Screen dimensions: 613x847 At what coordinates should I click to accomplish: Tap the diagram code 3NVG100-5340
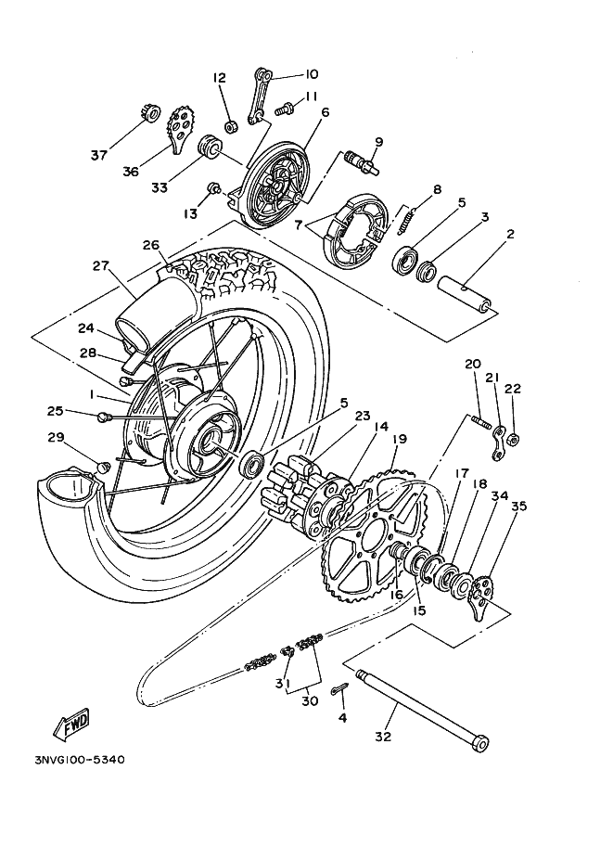coord(80,760)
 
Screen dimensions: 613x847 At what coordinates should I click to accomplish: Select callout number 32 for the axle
coord(382,737)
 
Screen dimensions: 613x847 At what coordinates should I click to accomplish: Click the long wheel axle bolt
coord(422,711)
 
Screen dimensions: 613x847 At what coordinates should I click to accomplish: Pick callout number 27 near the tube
coord(100,265)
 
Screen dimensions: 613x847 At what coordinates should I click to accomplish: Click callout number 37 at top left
coord(99,155)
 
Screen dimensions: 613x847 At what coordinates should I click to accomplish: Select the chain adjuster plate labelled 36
coord(181,131)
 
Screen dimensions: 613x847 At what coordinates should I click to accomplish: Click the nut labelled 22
coord(515,439)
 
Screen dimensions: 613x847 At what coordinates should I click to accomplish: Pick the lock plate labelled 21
coord(499,443)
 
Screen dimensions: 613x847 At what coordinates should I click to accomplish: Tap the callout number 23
coord(363,416)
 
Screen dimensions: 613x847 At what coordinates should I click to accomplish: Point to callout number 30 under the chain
coord(310,700)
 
